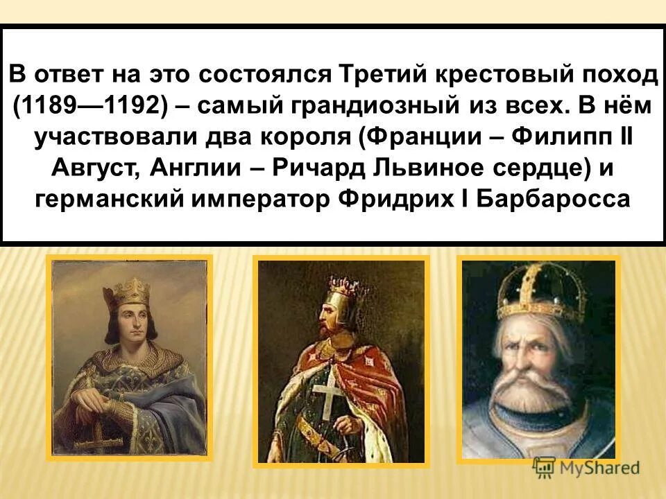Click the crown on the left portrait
click(x=133, y=290)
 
